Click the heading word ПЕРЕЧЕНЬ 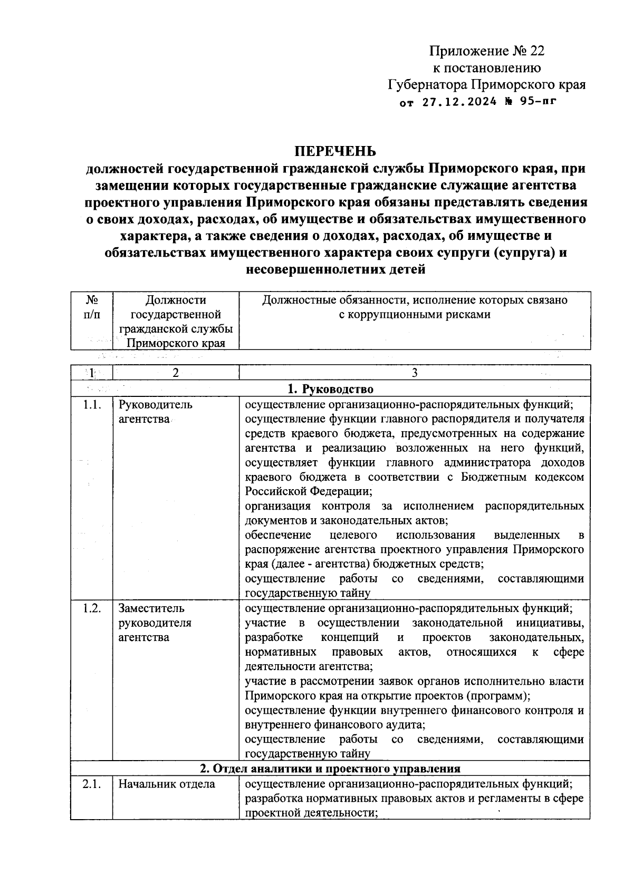[x=335, y=151]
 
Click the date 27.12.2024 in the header [x=459, y=102]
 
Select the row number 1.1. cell [x=92, y=405]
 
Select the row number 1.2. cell [x=92, y=608]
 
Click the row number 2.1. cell [x=92, y=784]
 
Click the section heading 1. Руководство [x=330, y=390]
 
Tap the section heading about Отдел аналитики [x=330, y=768]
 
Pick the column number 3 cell [x=415, y=373]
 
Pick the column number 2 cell [x=176, y=373]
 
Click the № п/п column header [x=92, y=307]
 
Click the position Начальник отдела [x=167, y=784]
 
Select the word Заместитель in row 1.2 [x=151, y=608]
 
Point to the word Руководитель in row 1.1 [x=156, y=405]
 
